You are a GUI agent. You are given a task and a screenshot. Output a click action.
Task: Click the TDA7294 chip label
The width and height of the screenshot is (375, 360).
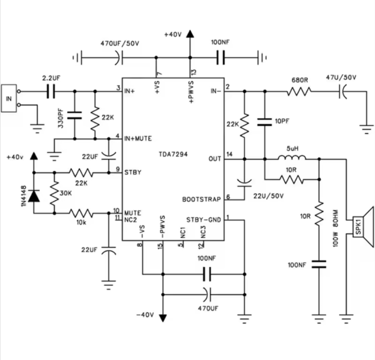[x=173, y=154]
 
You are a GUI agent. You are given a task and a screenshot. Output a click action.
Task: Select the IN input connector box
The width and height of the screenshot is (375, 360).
[x=9, y=98]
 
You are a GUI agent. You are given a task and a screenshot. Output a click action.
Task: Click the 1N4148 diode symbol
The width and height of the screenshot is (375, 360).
[x=34, y=196]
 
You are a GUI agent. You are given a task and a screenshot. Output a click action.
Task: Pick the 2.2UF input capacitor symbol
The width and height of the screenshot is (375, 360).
[x=51, y=92]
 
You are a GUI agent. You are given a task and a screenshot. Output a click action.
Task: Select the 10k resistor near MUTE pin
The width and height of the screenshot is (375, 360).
[x=81, y=213]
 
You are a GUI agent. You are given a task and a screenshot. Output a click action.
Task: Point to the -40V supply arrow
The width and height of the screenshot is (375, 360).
[x=162, y=317]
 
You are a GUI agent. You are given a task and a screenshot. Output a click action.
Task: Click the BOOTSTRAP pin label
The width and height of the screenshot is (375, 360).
[x=201, y=200]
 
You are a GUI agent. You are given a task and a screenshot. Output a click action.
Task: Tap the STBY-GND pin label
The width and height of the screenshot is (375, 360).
[x=203, y=220]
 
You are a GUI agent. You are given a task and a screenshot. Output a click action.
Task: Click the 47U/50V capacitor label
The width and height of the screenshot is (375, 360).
[x=341, y=77]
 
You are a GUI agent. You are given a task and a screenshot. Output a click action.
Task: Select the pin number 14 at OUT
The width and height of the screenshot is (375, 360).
[x=229, y=154]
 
